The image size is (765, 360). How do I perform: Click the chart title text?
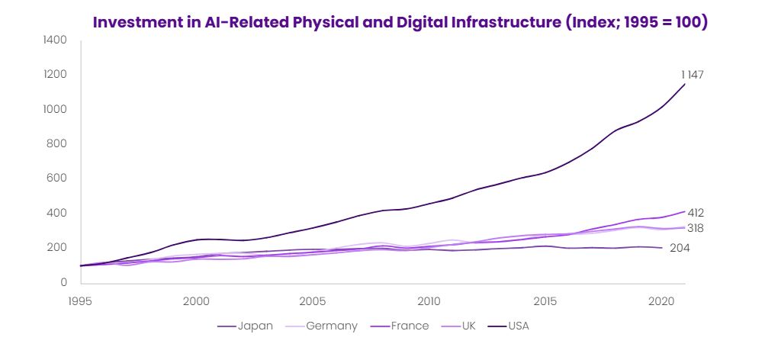coord(400,22)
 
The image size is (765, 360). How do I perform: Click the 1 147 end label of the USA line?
coord(692,75)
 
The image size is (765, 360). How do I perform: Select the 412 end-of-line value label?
coord(696,213)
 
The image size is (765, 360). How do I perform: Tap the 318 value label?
coord(696,228)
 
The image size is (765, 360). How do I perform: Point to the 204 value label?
coord(680,248)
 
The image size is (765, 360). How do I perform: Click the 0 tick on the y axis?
coord(64,282)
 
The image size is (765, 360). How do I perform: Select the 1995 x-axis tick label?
coord(80,301)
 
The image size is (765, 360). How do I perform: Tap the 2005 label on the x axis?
coord(313,301)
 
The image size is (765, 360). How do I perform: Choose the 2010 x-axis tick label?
coord(429,301)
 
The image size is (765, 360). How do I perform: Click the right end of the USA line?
coord(685,84)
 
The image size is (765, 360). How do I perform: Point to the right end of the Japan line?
coord(662,248)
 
